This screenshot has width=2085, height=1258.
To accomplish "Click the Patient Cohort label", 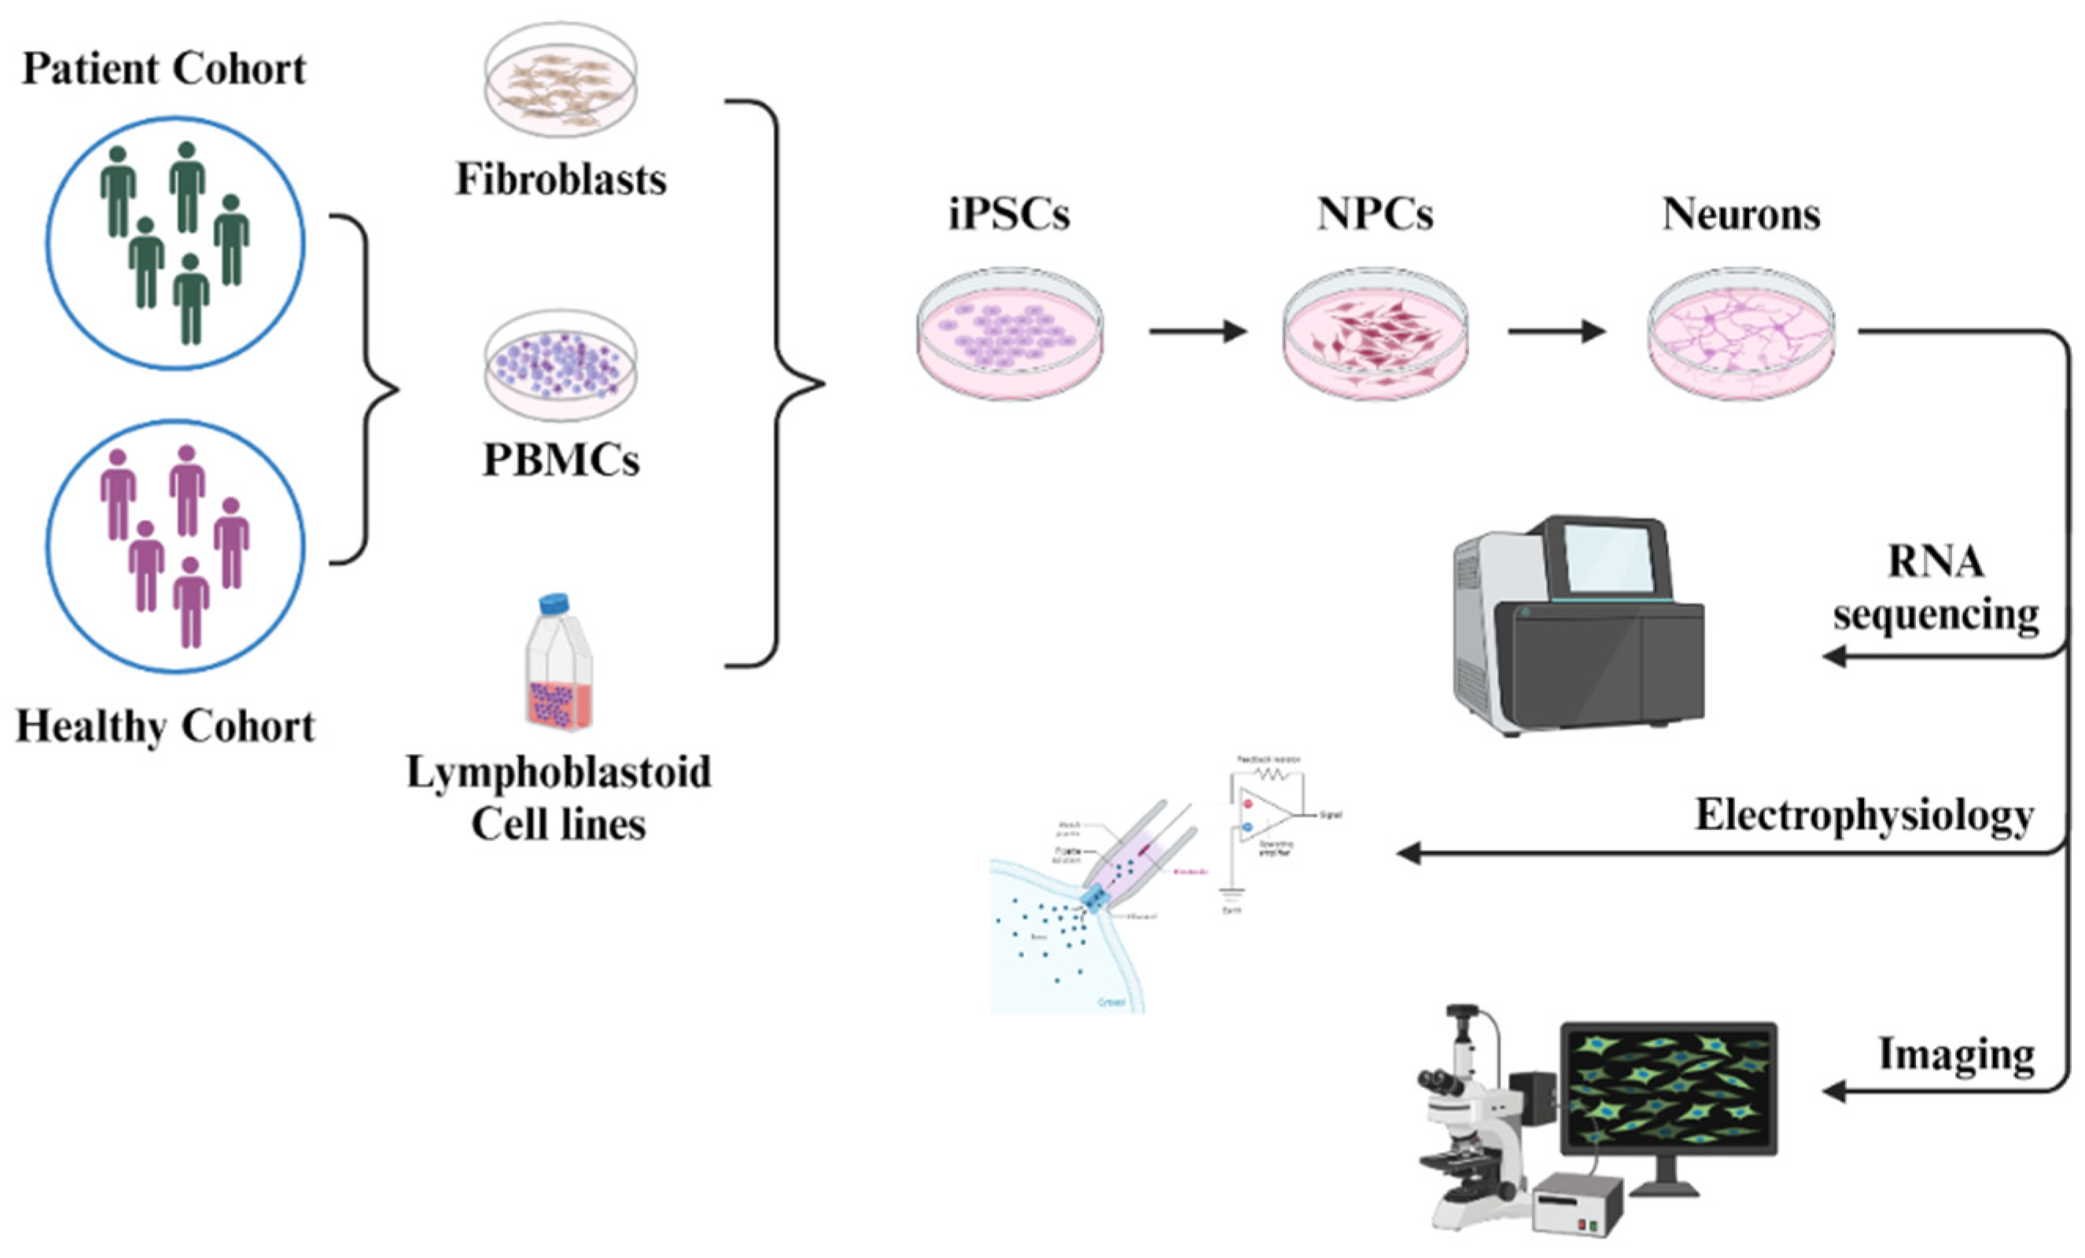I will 164,68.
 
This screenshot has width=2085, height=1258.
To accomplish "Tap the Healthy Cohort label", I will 165,726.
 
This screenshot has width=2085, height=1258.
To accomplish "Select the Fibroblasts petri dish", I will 560,80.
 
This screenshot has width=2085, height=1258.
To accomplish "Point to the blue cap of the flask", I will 554,603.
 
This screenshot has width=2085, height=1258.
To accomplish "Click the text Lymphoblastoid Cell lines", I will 558,797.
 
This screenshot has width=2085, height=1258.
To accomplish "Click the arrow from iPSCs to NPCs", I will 1197,331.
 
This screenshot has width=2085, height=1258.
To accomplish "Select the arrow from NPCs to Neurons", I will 1556,331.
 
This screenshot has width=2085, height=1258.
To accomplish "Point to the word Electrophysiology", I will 1864,815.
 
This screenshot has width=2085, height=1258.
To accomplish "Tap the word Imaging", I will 1956,1054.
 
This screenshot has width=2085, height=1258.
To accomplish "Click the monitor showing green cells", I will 1668,1088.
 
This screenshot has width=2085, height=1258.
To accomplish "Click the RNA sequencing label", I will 1936,587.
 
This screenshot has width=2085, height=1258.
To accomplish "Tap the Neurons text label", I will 1741,214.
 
